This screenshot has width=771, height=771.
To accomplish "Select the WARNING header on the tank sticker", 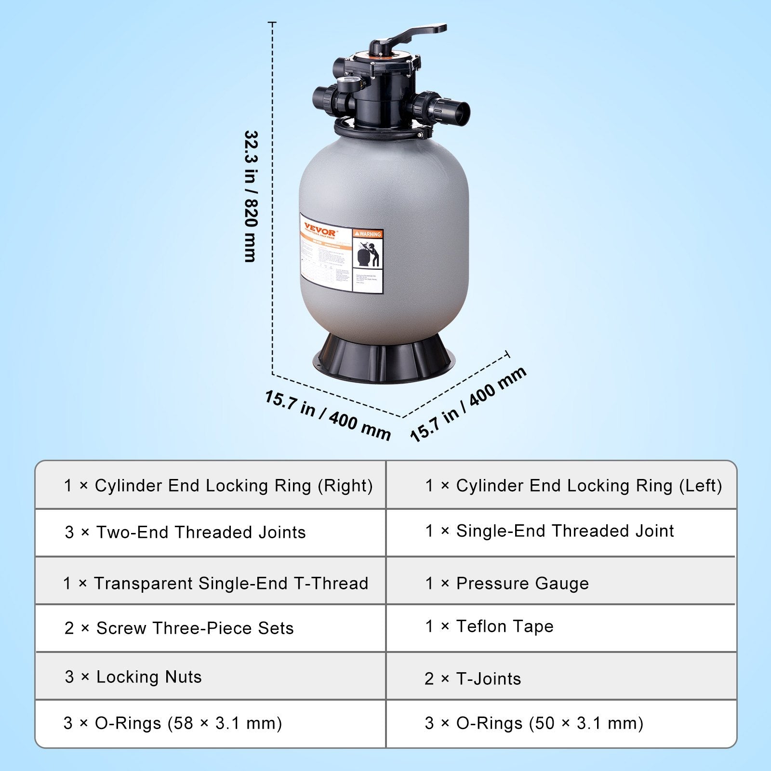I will tap(368, 234).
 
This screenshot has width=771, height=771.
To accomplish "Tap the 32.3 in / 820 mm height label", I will tap(251, 197).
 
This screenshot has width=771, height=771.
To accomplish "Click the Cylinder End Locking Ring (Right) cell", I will tap(218, 486).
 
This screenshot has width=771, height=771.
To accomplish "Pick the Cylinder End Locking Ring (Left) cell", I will tap(573, 486).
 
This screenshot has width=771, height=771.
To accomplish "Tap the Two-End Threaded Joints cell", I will tap(186, 532).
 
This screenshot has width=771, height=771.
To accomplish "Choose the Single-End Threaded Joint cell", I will tap(549, 531).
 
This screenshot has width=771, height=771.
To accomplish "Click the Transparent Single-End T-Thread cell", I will tap(215, 584).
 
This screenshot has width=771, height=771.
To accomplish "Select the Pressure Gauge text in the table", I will tap(507, 584).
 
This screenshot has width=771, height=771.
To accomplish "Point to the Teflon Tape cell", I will tap(489, 626).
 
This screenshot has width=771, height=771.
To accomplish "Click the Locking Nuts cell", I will tap(133, 677).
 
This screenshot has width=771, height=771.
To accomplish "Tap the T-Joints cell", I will tap(473, 679).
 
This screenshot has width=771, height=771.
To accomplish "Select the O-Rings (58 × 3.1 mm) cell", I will tap(173, 723).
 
